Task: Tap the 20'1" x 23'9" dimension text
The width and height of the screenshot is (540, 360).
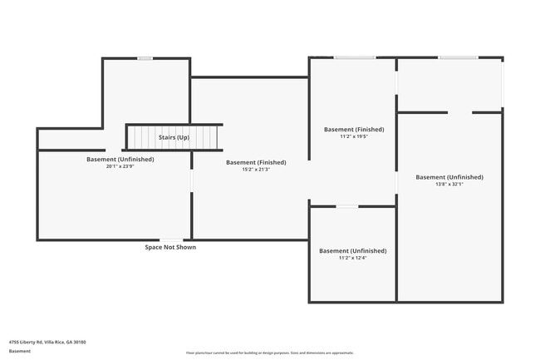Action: tap(120, 166)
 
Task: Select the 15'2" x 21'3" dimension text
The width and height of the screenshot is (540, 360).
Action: tap(256, 170)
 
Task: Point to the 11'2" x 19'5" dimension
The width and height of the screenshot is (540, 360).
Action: tap(354, 137)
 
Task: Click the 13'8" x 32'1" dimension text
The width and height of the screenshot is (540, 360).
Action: tap(449, 185)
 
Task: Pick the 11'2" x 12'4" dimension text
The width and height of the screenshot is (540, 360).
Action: tap(352, 258)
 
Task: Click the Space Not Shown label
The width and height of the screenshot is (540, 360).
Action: tap(170, 247)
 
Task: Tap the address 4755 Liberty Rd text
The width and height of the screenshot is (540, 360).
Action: tap(47, 342)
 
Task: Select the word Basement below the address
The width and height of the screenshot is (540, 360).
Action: tap(20, 351)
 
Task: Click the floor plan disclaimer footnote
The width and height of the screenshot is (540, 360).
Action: tap(269, 353)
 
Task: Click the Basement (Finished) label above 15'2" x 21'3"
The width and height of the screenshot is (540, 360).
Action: tap(256, 162)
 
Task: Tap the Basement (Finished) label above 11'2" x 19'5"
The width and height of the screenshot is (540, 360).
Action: tap(354, 130)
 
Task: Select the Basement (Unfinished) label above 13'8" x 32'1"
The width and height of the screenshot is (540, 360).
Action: tap(449, 177)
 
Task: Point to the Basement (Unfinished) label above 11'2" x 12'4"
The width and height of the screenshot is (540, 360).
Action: tap(352, 250)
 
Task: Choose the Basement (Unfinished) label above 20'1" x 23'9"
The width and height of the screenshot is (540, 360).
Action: tap(120, 159)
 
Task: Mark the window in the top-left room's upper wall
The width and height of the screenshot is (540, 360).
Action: tap(145, 58)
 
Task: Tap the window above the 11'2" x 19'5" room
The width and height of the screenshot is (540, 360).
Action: tap(354, 57)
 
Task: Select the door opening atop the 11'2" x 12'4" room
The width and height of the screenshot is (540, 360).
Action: tap(347, 206)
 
